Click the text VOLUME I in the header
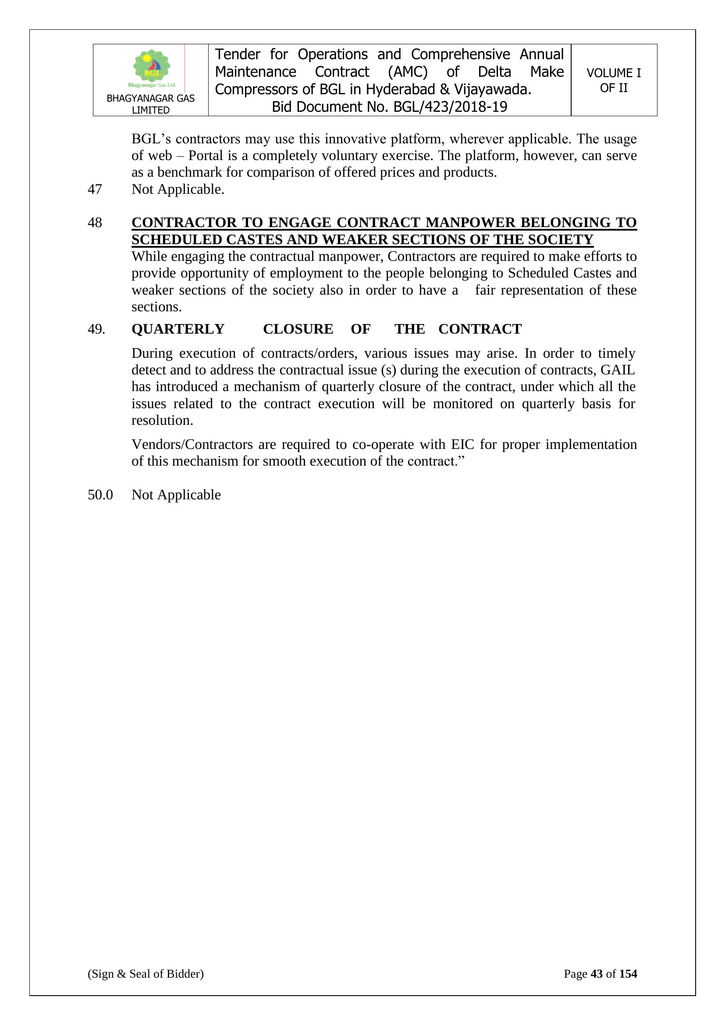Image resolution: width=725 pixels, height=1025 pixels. [x=613, y=73]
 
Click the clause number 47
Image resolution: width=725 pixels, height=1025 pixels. [x=95, y=189]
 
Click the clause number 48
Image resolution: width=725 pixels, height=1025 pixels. [x=95, y=222]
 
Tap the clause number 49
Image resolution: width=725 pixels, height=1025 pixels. [x=96, y=329]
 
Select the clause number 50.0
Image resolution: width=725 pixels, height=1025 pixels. [x=100, y=495]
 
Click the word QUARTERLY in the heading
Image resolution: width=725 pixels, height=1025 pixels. [x=178, y=329]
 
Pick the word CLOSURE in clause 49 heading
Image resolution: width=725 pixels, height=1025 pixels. [x=298, y=329]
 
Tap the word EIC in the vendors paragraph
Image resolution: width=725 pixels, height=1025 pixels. [x=463, y=444]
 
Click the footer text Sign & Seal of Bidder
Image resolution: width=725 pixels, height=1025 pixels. [x=146, y=974]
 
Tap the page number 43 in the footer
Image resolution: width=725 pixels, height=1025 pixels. [x=597, y=974]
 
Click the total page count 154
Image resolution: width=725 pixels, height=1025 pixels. [x=628, y=974]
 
